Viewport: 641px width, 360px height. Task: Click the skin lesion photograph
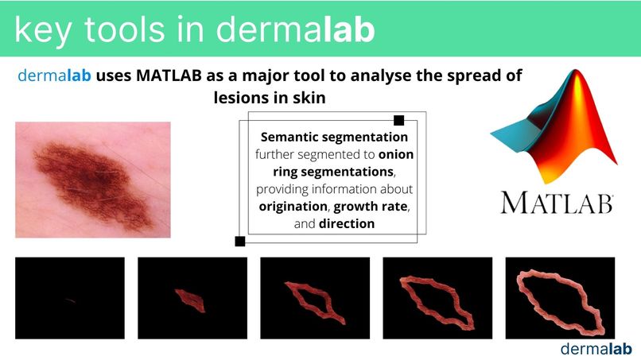[x=92, y=180]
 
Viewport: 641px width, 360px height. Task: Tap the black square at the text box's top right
[x=399, y=121]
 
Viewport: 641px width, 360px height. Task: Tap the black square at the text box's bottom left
[x=239, y=241]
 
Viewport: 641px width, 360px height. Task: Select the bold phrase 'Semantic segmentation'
[x=334, y=137]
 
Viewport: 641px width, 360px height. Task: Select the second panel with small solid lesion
[x=192, y=301]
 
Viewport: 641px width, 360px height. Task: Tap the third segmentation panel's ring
[x=315, y=301]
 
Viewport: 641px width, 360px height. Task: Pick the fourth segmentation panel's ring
[x=437, y=301]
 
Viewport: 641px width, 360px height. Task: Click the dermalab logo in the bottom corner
[x=595, y=348]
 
